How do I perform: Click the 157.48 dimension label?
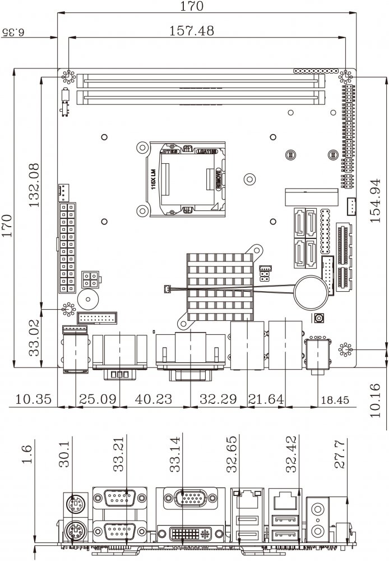(x=192, y=31)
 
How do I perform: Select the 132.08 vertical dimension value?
(x=34, y=185)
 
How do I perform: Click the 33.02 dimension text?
(x=34, y=338)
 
